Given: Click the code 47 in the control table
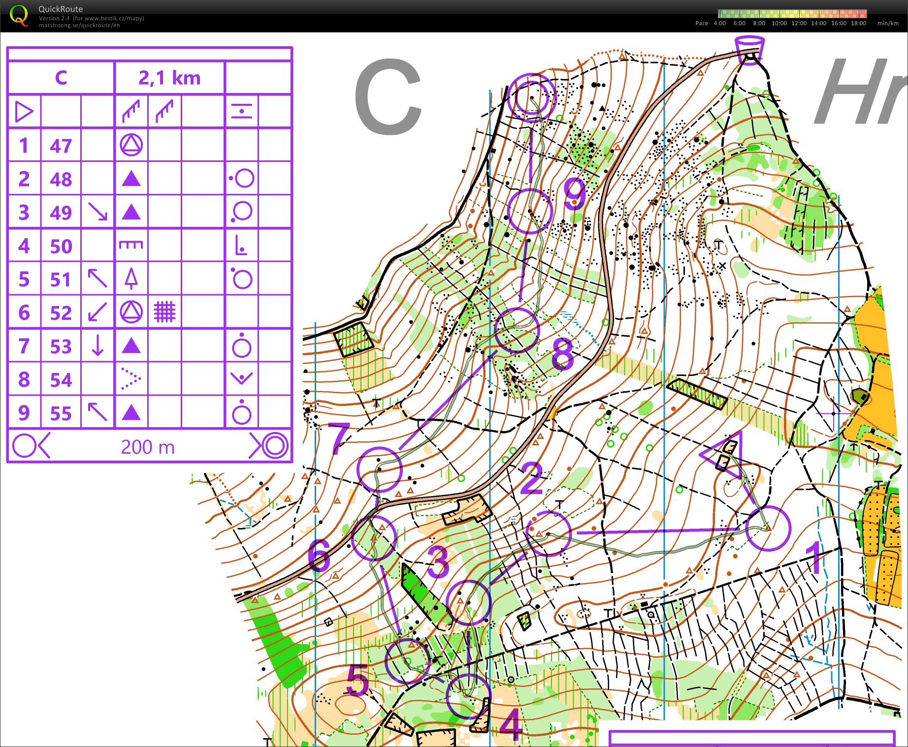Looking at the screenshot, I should point(61,146).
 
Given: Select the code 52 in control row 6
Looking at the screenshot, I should point(61,313).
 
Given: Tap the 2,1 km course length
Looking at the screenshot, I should point(169,78).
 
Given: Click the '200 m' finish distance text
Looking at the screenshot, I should point(148,447).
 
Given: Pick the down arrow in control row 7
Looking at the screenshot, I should point(97,345).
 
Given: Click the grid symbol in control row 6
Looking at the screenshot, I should point(164,312).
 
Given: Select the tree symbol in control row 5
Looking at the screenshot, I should point(130,279).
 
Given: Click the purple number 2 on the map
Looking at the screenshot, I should point(531,478).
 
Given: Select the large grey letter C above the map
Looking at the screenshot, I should point(388,97).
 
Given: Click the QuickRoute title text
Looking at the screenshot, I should point(61,9).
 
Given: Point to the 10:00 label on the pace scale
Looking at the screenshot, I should point(779,23).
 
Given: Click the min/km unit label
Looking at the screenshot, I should point(888,23).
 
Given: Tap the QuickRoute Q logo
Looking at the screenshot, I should point(19,15).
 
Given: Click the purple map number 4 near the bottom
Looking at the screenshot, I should point(511,724).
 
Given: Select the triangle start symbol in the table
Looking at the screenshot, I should point(24,112).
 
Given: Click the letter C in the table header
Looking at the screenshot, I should point(61,78).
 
